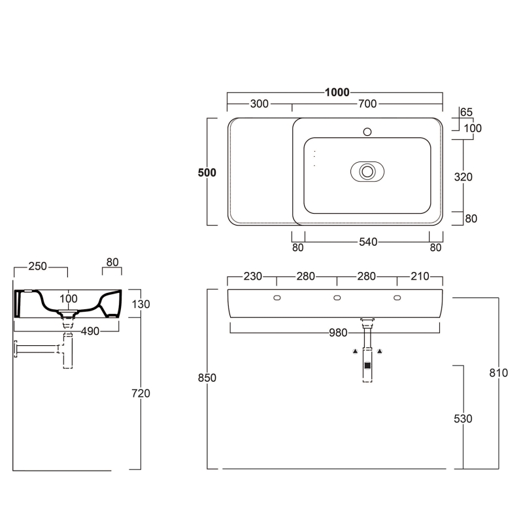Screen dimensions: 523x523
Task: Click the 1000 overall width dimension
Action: [337, 92]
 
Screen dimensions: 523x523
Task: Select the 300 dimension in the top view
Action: [259, 104]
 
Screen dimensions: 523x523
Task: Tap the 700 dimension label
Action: [367, 104]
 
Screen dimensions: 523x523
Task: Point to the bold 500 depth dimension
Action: [207, 173]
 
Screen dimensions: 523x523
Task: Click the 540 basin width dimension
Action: [368, 242]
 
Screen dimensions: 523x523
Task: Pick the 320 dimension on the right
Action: [463, 177]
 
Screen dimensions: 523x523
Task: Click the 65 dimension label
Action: [466, 112]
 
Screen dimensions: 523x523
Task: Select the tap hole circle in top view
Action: [367, 132]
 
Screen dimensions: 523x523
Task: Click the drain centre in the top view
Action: [367, 171]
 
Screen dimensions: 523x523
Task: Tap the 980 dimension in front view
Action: [338, 333]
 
